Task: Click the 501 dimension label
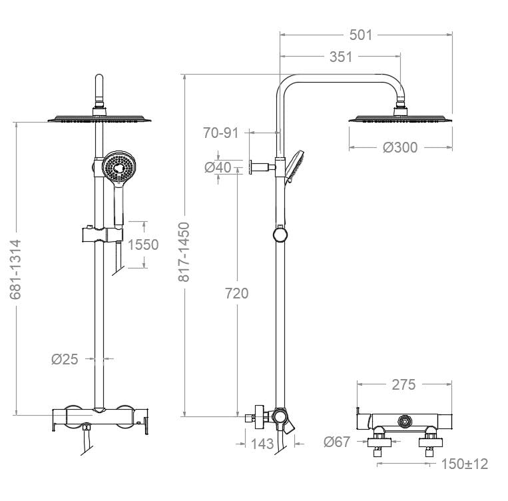point(361,35)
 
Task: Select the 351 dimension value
point(340,57)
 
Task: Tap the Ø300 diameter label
point(400,147)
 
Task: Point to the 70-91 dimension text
point(220,133)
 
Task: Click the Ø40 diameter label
point(218,167)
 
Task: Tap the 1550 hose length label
point(143,245)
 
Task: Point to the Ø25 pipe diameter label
point(65,359)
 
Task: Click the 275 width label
point(403,384)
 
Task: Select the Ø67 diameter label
point(337,441)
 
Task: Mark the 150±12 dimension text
point(463,464)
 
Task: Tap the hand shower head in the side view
point(294,165)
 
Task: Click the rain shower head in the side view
point(401,119)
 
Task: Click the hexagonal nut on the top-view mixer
point(403,421)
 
